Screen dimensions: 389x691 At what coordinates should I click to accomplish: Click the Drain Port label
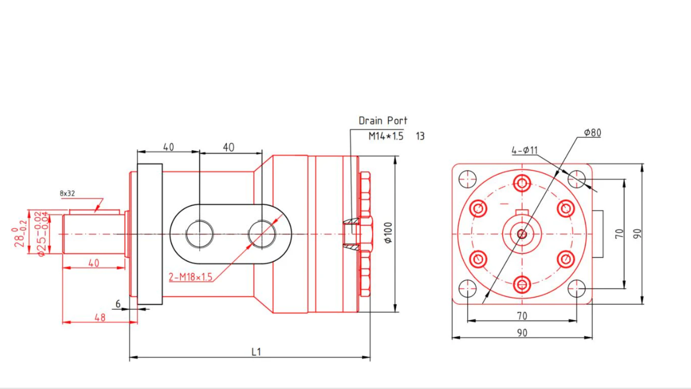click(x=383, y=121)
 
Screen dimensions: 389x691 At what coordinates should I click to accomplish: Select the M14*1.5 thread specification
click(x=385, y=136)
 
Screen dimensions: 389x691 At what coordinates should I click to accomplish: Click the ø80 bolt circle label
click(x=592, y=133)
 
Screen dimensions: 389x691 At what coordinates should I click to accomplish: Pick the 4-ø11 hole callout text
click(x=524, y=151)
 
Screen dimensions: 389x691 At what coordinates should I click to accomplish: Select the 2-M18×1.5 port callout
click(x=190, y=277)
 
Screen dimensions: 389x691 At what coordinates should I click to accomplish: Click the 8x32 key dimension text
click(x=67, y=193)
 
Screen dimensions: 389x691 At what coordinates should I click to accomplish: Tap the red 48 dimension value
click(x=100, y=317)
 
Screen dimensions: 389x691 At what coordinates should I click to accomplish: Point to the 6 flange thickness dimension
click(x=118, y=304)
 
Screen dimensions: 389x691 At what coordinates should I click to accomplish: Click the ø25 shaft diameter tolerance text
click(x=43, y=234)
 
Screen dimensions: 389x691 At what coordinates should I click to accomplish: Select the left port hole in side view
click(x=199, y=234)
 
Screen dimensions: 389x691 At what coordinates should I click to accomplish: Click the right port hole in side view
click(x=262, y=234)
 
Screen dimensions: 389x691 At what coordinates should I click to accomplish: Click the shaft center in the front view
click(x=522, y=234)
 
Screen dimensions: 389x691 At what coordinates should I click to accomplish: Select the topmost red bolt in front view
click(x=522, y=183)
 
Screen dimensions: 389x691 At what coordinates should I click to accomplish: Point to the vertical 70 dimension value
click(x=620, y=233)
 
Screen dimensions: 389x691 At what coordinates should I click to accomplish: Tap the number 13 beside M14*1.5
click(x=420, y=136)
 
